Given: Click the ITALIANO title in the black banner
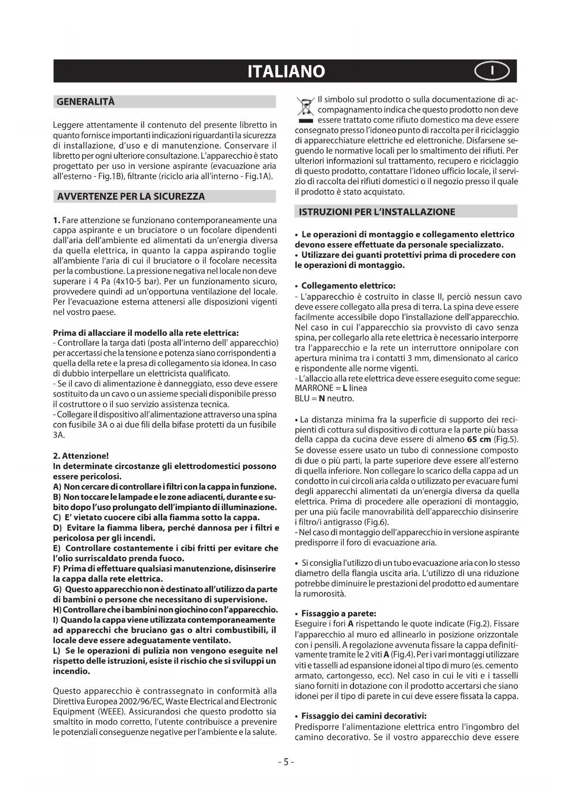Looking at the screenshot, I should [286, 71].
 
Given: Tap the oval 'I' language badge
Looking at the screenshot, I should [492, 71].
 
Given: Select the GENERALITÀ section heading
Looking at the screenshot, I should [86, 101].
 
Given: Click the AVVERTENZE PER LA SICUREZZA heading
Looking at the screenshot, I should [131, 196].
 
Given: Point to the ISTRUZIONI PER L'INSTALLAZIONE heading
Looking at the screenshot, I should [377, 212].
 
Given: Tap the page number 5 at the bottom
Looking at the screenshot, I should [286, 762].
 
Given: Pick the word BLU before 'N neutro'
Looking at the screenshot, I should [302, 399].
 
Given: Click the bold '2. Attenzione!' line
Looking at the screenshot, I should [81, 456].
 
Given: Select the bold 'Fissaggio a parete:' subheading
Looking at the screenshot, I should [338, 614].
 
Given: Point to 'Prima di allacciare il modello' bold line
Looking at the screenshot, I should [146, 333].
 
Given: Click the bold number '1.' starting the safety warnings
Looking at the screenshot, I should [57, 220].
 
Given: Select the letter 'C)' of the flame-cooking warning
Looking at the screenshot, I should [57, 518].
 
